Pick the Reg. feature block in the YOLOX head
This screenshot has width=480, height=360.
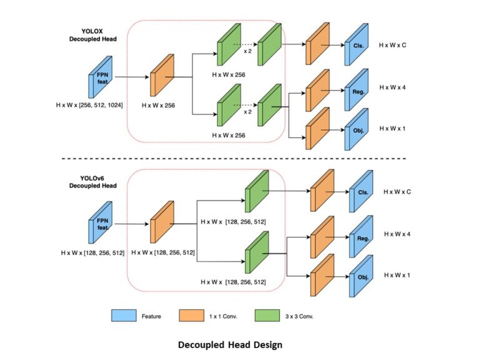click(x=356, y=90)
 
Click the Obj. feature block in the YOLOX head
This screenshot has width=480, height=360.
click(x=356, y=130)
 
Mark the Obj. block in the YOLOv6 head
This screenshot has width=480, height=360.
click(x=361, y=276)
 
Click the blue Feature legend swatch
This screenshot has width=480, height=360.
click(x=124, y=316)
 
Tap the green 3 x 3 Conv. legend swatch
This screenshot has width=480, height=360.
click(x=267, y=316)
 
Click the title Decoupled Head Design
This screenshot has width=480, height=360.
click(x=230, y=344)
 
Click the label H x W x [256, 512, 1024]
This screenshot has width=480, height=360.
click(x=89, y=106)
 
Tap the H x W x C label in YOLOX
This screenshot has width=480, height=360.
click(x=392, y=46)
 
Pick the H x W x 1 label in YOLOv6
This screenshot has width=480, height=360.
click(x=397, y=275)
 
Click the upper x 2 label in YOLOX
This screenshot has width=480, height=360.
click(x=247, y=52)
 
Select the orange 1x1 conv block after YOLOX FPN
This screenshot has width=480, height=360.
click(x=161, y=76)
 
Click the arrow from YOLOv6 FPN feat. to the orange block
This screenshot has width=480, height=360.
click(x=131, y=223)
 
